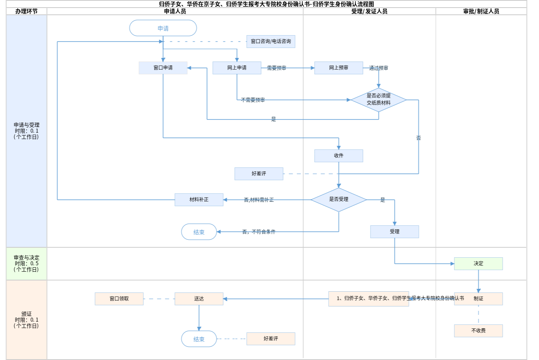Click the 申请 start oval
(163, 28)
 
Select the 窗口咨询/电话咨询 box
(271, 42)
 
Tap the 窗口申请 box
(163, 68)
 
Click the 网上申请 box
(237, 68)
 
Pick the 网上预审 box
(339, 68)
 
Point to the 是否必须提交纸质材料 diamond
(378, 99)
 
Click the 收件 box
(339, 156)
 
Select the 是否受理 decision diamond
(339, 199)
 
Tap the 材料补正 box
(199, 200)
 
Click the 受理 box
(394, 232)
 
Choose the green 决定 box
(478, 264)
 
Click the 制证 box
(478, 299)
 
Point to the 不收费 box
(478, 331)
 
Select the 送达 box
(199, 299)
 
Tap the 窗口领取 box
(119, 299)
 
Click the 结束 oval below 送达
(199, 339)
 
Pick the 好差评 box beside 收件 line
(259, 174)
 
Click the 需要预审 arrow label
(276, 68)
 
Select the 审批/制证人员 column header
(481, 12)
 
